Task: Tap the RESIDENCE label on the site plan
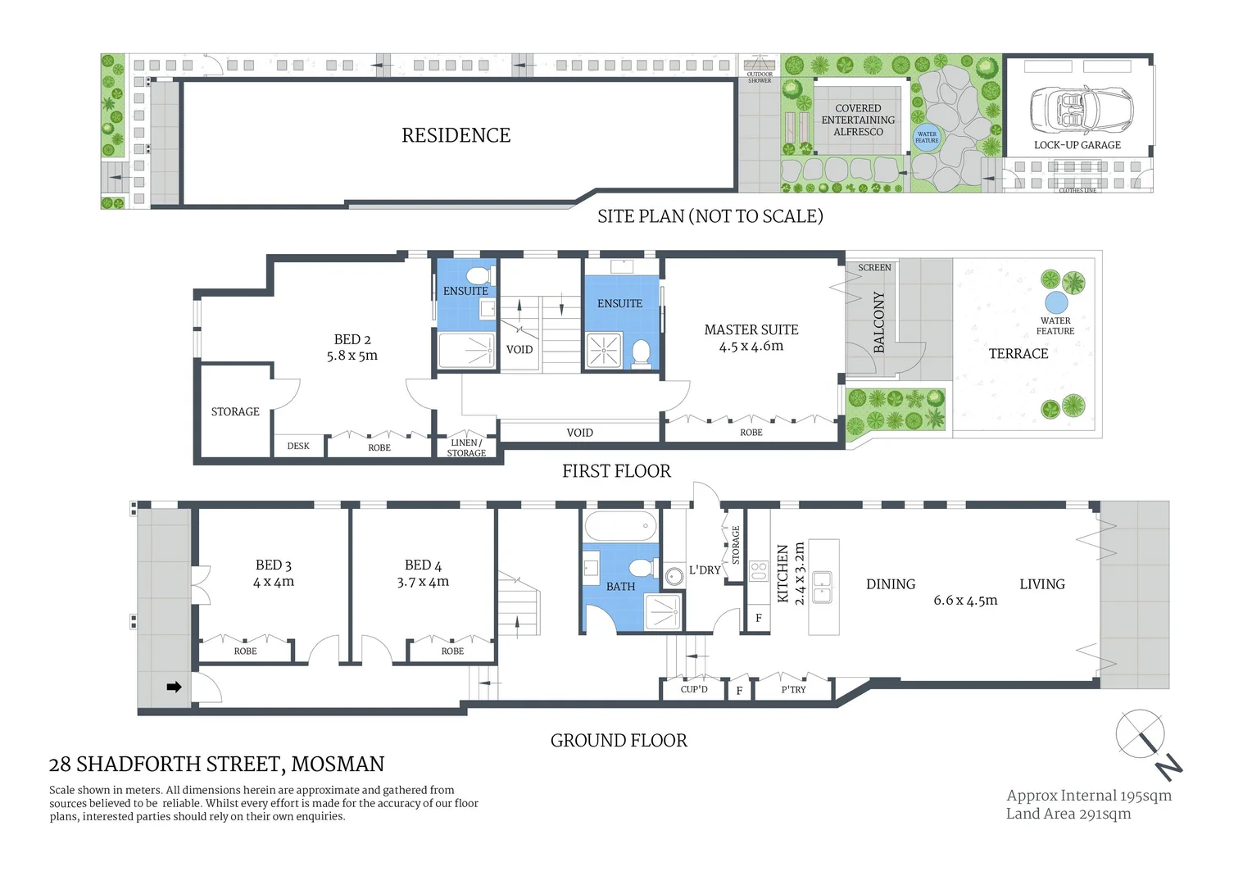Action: tap(456, 135)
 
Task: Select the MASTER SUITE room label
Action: tap(751, 329)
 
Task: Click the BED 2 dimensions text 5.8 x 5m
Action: tap(352, 356)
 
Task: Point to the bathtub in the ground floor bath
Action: tap(621, 525)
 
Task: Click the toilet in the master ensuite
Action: tap(641, 353)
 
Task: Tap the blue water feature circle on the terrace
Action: tap(1055, 302)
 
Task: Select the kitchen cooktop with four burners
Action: tap(759, 571)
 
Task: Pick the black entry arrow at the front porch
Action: tap(174, 687)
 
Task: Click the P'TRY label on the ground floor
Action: tap(793, 689)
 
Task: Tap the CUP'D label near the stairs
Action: tap(694, 689)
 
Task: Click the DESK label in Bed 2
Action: tap(298, 446)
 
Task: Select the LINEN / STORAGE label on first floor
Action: tap(466, 447)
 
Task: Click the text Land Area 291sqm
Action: tap(1068, 814)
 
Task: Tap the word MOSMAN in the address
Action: tap(338, 764)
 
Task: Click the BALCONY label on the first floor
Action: tap(879, 322)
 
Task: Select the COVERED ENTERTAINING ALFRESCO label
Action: tap(858, 120)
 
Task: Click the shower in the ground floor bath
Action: tap(662, 610)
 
